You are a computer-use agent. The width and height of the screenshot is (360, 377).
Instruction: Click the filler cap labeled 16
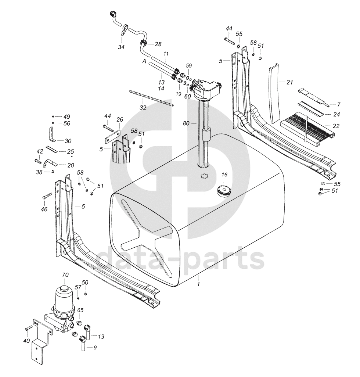(224, 191)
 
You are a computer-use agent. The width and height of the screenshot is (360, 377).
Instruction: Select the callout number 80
(186, 123)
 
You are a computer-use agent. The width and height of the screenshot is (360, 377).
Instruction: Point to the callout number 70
(65, 274)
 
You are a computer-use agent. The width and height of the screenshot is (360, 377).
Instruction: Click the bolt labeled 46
(47, 196)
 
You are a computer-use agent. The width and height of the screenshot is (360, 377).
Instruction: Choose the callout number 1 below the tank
(198, 284)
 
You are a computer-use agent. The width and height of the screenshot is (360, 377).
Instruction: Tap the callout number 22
(336, 126)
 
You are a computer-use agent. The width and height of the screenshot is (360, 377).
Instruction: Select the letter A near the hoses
(144, 62)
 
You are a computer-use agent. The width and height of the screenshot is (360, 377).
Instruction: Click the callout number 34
(121, 47)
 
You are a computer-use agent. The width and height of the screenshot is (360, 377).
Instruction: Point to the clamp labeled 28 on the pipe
(143, 43)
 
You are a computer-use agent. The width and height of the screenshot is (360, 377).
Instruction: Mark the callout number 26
(120, 119)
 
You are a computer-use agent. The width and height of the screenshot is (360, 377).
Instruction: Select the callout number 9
(95, 348)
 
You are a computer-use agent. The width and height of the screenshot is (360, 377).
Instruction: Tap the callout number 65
(80, 310)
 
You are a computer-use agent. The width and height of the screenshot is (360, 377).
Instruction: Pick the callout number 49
(66, 116)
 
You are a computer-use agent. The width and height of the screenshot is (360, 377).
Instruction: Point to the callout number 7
(339, 105)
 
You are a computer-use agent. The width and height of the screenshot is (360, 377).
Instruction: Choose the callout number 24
(336, 114)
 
